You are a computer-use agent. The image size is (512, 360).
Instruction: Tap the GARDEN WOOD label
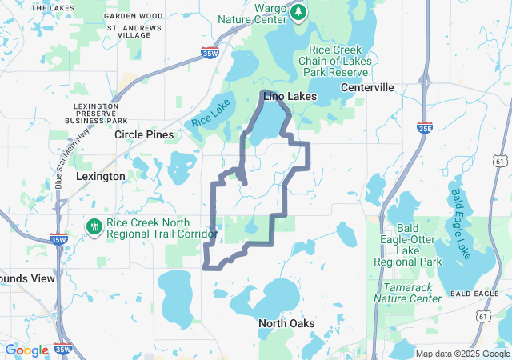pos(133,16)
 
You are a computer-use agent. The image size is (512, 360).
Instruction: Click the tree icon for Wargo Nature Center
pos(298,12)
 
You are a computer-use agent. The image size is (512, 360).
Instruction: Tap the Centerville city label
pos(367,86)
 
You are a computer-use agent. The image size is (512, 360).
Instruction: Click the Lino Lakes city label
pos(290,96)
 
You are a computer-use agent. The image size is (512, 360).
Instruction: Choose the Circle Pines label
pos(144,134)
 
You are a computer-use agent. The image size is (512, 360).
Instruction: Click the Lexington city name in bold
pos(100,176)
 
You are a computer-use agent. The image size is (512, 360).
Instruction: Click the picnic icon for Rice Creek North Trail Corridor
pos(94,227)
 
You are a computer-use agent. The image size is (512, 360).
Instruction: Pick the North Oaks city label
pos(286,323)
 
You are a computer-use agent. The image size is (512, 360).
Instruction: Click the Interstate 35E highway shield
pos(426,127)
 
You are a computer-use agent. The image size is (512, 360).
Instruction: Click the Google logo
pos(26,350)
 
